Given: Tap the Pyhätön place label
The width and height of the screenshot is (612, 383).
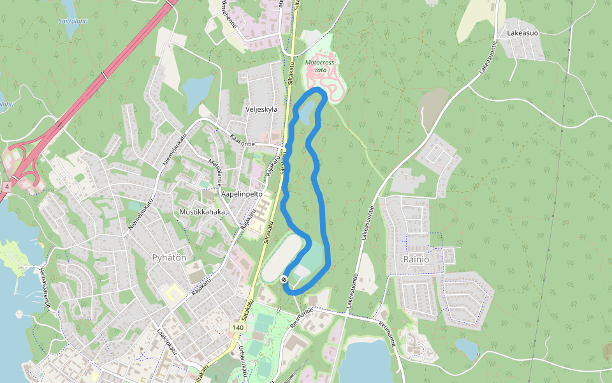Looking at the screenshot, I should (170, 257).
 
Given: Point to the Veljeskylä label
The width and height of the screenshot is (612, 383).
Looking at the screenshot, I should (261, 109).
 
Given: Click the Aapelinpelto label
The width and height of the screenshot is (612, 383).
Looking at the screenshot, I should (242, 193).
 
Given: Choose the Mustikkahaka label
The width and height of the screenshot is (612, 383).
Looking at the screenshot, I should (202, 212).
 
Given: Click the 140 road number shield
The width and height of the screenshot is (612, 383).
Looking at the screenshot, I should (238, 327).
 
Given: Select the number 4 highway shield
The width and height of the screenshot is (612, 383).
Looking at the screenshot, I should (6, 186).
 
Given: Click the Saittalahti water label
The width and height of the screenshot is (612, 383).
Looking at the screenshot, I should (73, 20).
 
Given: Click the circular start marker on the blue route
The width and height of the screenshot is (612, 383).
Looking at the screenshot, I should (284, 280).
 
